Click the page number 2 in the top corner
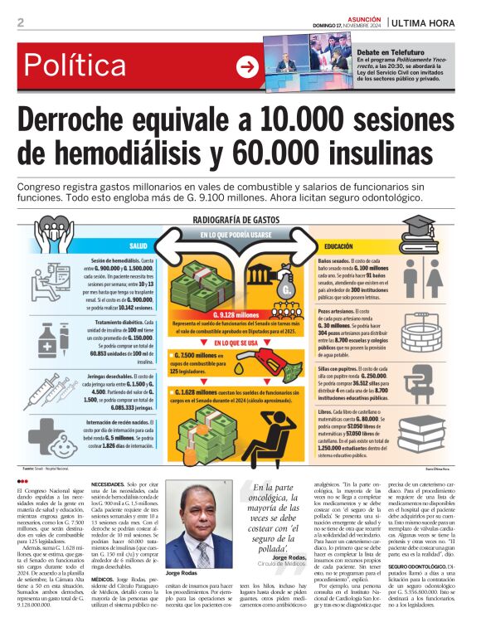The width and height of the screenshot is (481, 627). click(20, 22)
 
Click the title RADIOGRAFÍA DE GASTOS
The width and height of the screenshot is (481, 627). click(235, 221)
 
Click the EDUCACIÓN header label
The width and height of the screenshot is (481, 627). click(339, 246)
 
